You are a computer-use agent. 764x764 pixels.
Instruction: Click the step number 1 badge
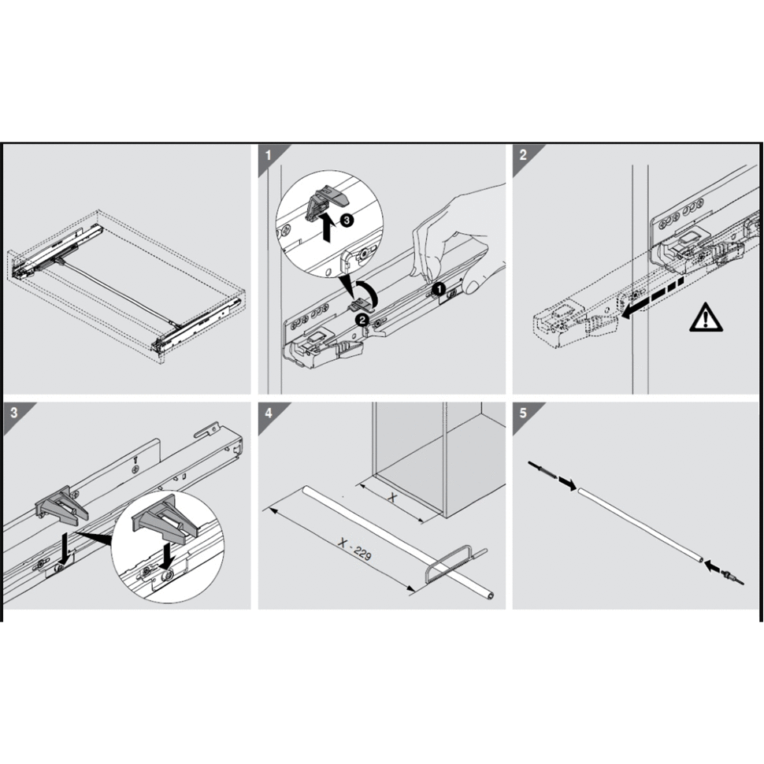268,155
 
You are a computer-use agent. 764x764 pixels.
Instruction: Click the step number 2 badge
523,155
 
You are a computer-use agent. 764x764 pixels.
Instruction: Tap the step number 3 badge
13,413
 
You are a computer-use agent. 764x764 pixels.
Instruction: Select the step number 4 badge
268,413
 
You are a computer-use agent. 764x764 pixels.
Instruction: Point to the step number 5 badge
523,413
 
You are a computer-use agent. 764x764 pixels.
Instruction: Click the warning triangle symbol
706,317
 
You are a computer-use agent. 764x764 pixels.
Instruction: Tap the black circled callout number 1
439,289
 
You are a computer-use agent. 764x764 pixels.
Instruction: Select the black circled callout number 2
362,320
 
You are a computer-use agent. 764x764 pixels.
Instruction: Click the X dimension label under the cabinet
393,498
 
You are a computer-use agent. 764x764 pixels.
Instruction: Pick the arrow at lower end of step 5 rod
713,566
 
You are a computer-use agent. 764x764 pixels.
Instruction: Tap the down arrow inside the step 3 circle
168,556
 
